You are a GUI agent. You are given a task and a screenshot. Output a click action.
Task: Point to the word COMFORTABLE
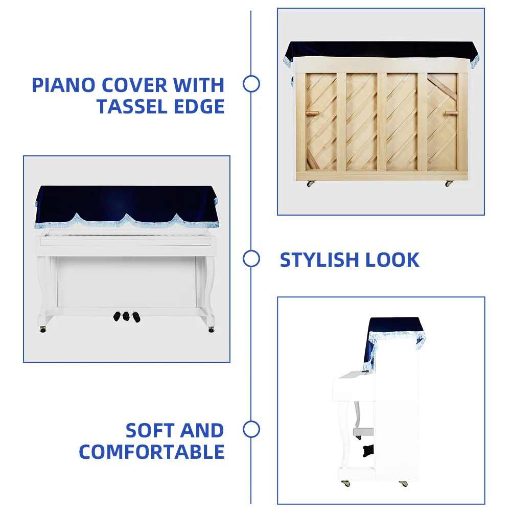pyautogui.click(x=152, y=452)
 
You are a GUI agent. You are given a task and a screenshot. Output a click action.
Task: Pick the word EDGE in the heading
pyautogui.click(x=201, y=107)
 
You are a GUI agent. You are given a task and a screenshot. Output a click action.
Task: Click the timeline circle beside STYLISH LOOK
pyautogui.click(x=251, y=259)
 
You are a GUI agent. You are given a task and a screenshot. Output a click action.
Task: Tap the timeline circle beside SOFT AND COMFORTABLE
pyautogui.click(x=251, y=430)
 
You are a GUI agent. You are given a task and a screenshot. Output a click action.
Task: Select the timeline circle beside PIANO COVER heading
pyautogui.click(x=251, y=84)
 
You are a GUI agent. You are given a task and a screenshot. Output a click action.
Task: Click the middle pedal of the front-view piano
pyautogui.click(x=126, y=316)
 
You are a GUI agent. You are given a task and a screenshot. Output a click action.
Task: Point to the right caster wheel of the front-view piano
pyautogui.click(x=211, y=329)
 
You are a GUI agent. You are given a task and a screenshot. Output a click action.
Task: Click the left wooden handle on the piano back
pyautogui.click(x=312, y=113)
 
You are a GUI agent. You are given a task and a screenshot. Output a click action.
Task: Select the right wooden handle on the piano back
pyautogui.click(x=450, y=113)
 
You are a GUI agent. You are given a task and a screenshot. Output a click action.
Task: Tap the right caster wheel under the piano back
pyautogui.click(x=448, y=183)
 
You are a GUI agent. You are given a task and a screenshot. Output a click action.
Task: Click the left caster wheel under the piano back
pyautogui.click(x=310, y=183)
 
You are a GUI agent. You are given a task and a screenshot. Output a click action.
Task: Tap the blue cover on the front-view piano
pyautogui.click(x=126, y=202)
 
